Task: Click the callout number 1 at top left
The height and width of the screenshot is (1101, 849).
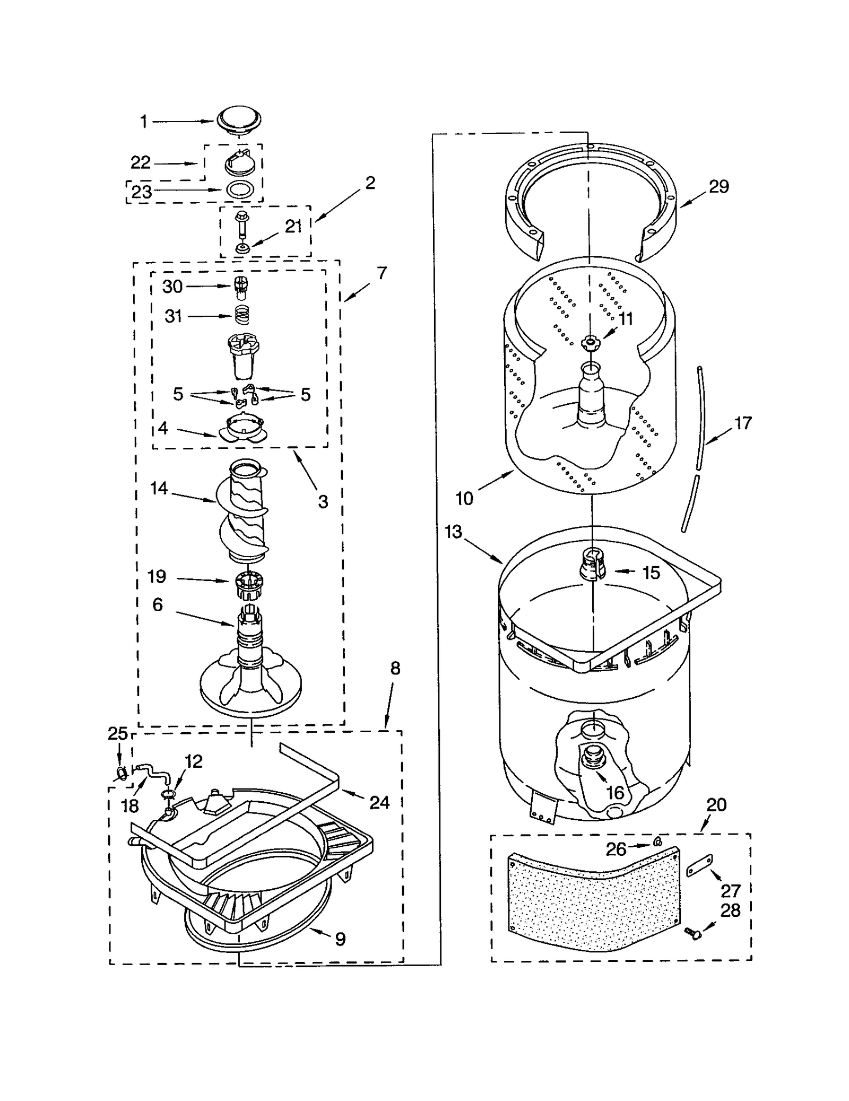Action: click(x=143, y=122)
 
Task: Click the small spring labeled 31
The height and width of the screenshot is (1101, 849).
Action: click(x=242, y=316)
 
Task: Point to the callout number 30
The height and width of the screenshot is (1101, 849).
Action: click(x=172, y=287)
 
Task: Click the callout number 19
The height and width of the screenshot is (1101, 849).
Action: click(x=157, y=576)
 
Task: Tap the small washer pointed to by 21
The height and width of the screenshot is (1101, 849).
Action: click(x=242, y=248)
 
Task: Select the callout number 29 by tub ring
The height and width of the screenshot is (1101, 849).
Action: click(x=719, y=186)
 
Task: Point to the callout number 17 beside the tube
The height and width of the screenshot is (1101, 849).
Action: click(x=743, y=423)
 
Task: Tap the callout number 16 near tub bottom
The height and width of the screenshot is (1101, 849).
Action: click(x=615, y=793)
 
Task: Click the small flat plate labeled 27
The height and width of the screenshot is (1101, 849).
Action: click(x=700, y=866)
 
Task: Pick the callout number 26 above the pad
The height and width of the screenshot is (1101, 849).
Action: click(x=616, y=849)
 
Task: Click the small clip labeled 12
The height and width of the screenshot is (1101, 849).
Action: click(x=168, y=793)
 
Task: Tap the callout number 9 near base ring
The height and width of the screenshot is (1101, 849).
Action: click(x=340, y=939)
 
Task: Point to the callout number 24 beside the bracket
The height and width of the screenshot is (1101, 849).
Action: click(x=379, y=803)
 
